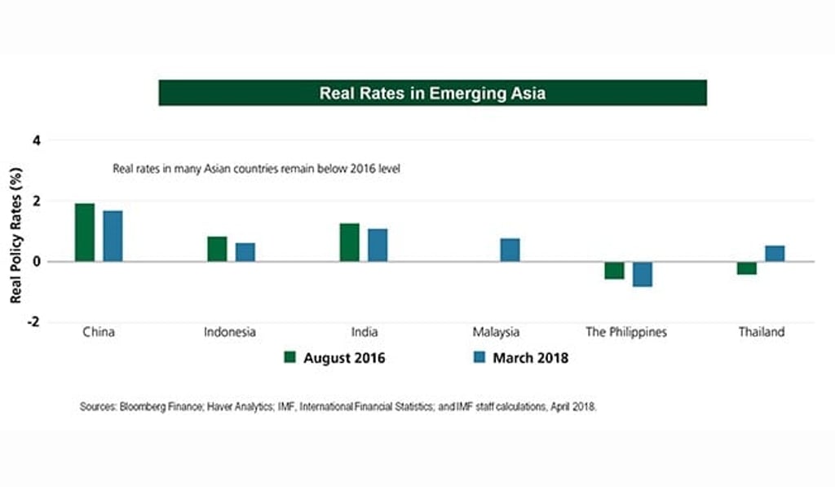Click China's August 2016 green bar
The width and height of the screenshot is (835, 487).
click(85, 232)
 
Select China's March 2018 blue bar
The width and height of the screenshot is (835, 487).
click(113, 237)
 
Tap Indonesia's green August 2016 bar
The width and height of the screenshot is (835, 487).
click(217, 249)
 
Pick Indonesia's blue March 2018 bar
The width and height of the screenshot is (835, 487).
click(245, 252)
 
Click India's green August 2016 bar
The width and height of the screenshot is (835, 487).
click(349, 242)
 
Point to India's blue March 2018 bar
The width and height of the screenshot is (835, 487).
click(378, 246)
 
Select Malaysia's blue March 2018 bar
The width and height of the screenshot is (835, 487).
click(510, 250)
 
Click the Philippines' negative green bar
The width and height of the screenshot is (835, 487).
click(614, 271)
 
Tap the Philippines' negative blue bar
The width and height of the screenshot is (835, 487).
click(643, 274)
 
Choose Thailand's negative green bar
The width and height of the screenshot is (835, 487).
click(746, 268)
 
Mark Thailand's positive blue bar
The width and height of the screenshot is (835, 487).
click(775, 254)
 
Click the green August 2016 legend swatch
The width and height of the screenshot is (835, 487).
click(289, 357)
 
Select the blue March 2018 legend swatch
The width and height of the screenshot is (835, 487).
click(479, 357)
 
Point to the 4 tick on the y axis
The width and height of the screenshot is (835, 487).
click(35, 140)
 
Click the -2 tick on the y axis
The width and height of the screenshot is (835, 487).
click(33, 322)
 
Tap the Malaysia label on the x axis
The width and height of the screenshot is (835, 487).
click(496, 332)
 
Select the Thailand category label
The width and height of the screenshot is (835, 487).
click(762, 332)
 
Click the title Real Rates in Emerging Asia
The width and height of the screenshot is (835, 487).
click(432, 93)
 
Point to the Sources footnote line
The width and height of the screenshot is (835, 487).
click(338, 406)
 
